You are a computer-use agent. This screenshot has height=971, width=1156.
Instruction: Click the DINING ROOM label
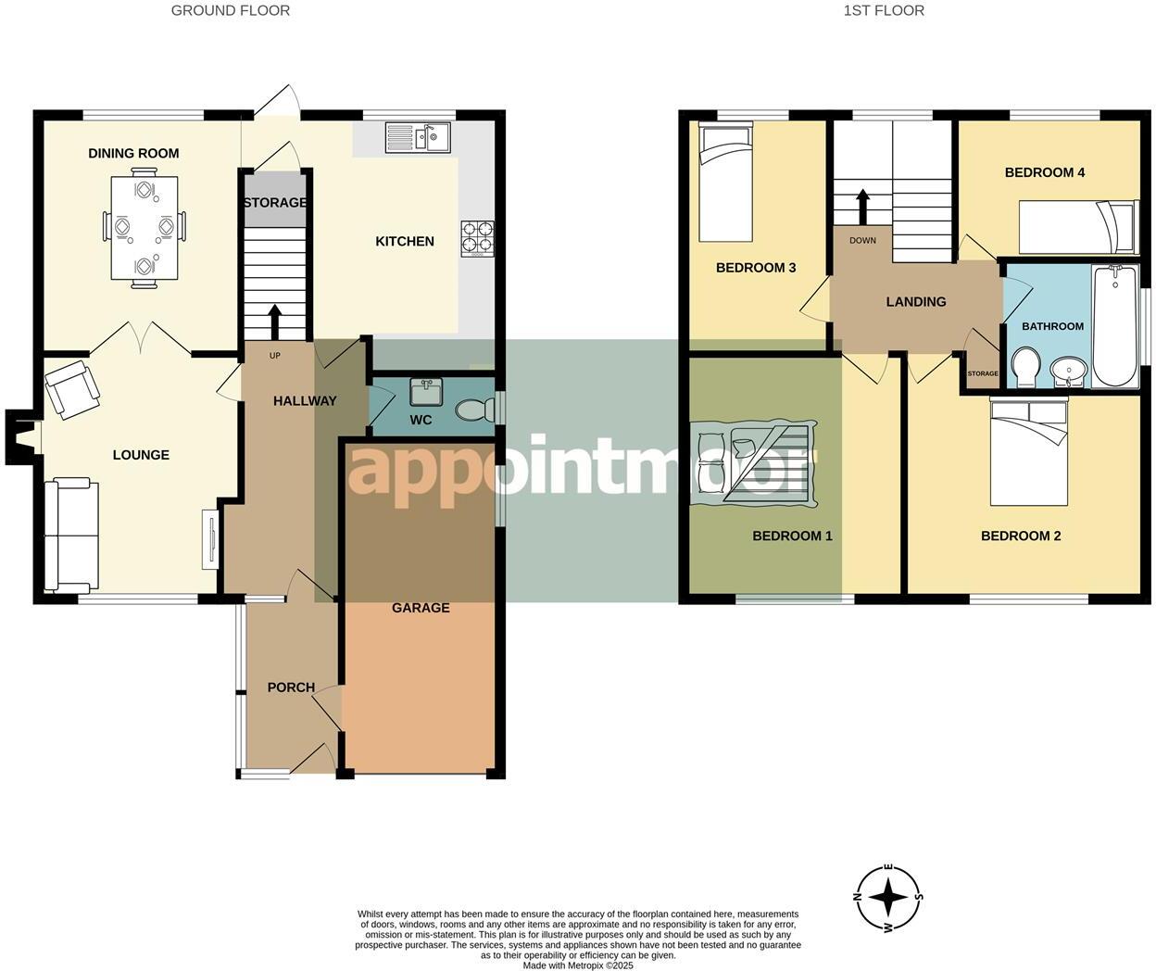pos(133,153)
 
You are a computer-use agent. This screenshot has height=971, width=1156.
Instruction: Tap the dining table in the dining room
pos(144,228)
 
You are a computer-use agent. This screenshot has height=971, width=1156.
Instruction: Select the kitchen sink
pos(419,137)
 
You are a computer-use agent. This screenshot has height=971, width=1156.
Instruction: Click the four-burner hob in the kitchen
pos(478,237)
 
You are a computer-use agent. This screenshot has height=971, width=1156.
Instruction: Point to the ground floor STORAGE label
pos(274,202)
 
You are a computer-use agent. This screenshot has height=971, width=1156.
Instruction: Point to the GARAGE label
pos(421,608)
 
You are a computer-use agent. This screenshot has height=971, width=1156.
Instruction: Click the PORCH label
pos(291,687)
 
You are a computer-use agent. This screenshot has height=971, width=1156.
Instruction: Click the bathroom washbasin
pos(1070,372)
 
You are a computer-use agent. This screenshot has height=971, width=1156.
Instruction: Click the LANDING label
pos(915,301)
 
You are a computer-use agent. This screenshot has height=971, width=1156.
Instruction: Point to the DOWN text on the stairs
pos(862,241)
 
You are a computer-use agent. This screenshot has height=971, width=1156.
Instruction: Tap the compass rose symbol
pos(888,897)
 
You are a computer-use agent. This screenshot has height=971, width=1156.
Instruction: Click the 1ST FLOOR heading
pos(883,11)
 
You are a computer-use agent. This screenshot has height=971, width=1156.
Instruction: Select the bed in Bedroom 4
pos(1077,226)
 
